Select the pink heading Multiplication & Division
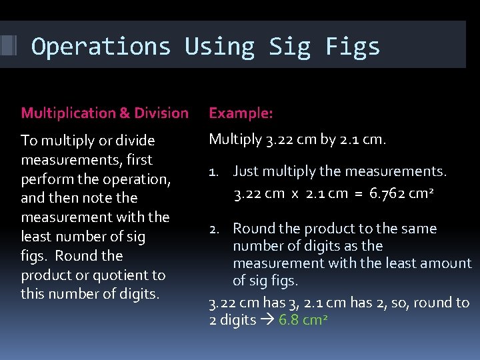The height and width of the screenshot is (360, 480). (x=105, y=113)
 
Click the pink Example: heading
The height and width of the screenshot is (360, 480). (x=241, y=113)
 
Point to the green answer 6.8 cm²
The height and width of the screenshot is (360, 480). (x=303, y=320)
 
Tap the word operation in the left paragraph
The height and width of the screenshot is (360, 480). (x=139, y=179)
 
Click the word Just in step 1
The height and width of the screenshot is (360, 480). (x=246, y=172)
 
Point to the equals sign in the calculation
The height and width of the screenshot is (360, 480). (x=357, y=195)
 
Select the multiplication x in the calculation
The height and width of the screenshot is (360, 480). (x=293, y=195)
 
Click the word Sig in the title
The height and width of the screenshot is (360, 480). (x=290, y=47)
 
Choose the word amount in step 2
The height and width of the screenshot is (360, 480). (x=447, y=263)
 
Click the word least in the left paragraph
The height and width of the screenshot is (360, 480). (x=36, y=236)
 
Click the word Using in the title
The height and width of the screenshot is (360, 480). (x=220, y=47)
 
